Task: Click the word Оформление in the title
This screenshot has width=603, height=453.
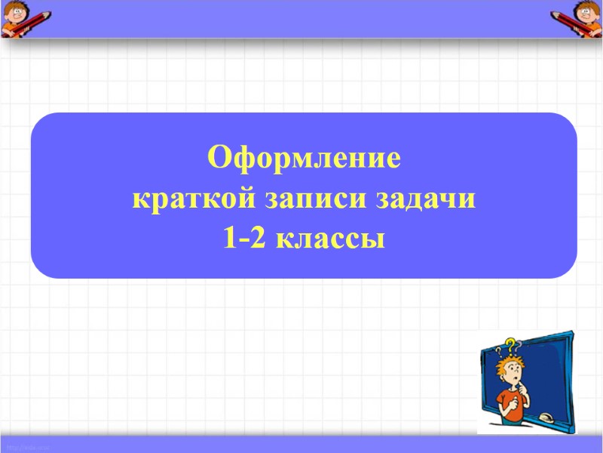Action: [304, 159]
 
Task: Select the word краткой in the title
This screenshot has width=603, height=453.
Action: [195, 199]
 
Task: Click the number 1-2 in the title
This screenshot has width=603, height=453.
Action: [241, 239]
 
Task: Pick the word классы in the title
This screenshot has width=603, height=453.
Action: [326, 239]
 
